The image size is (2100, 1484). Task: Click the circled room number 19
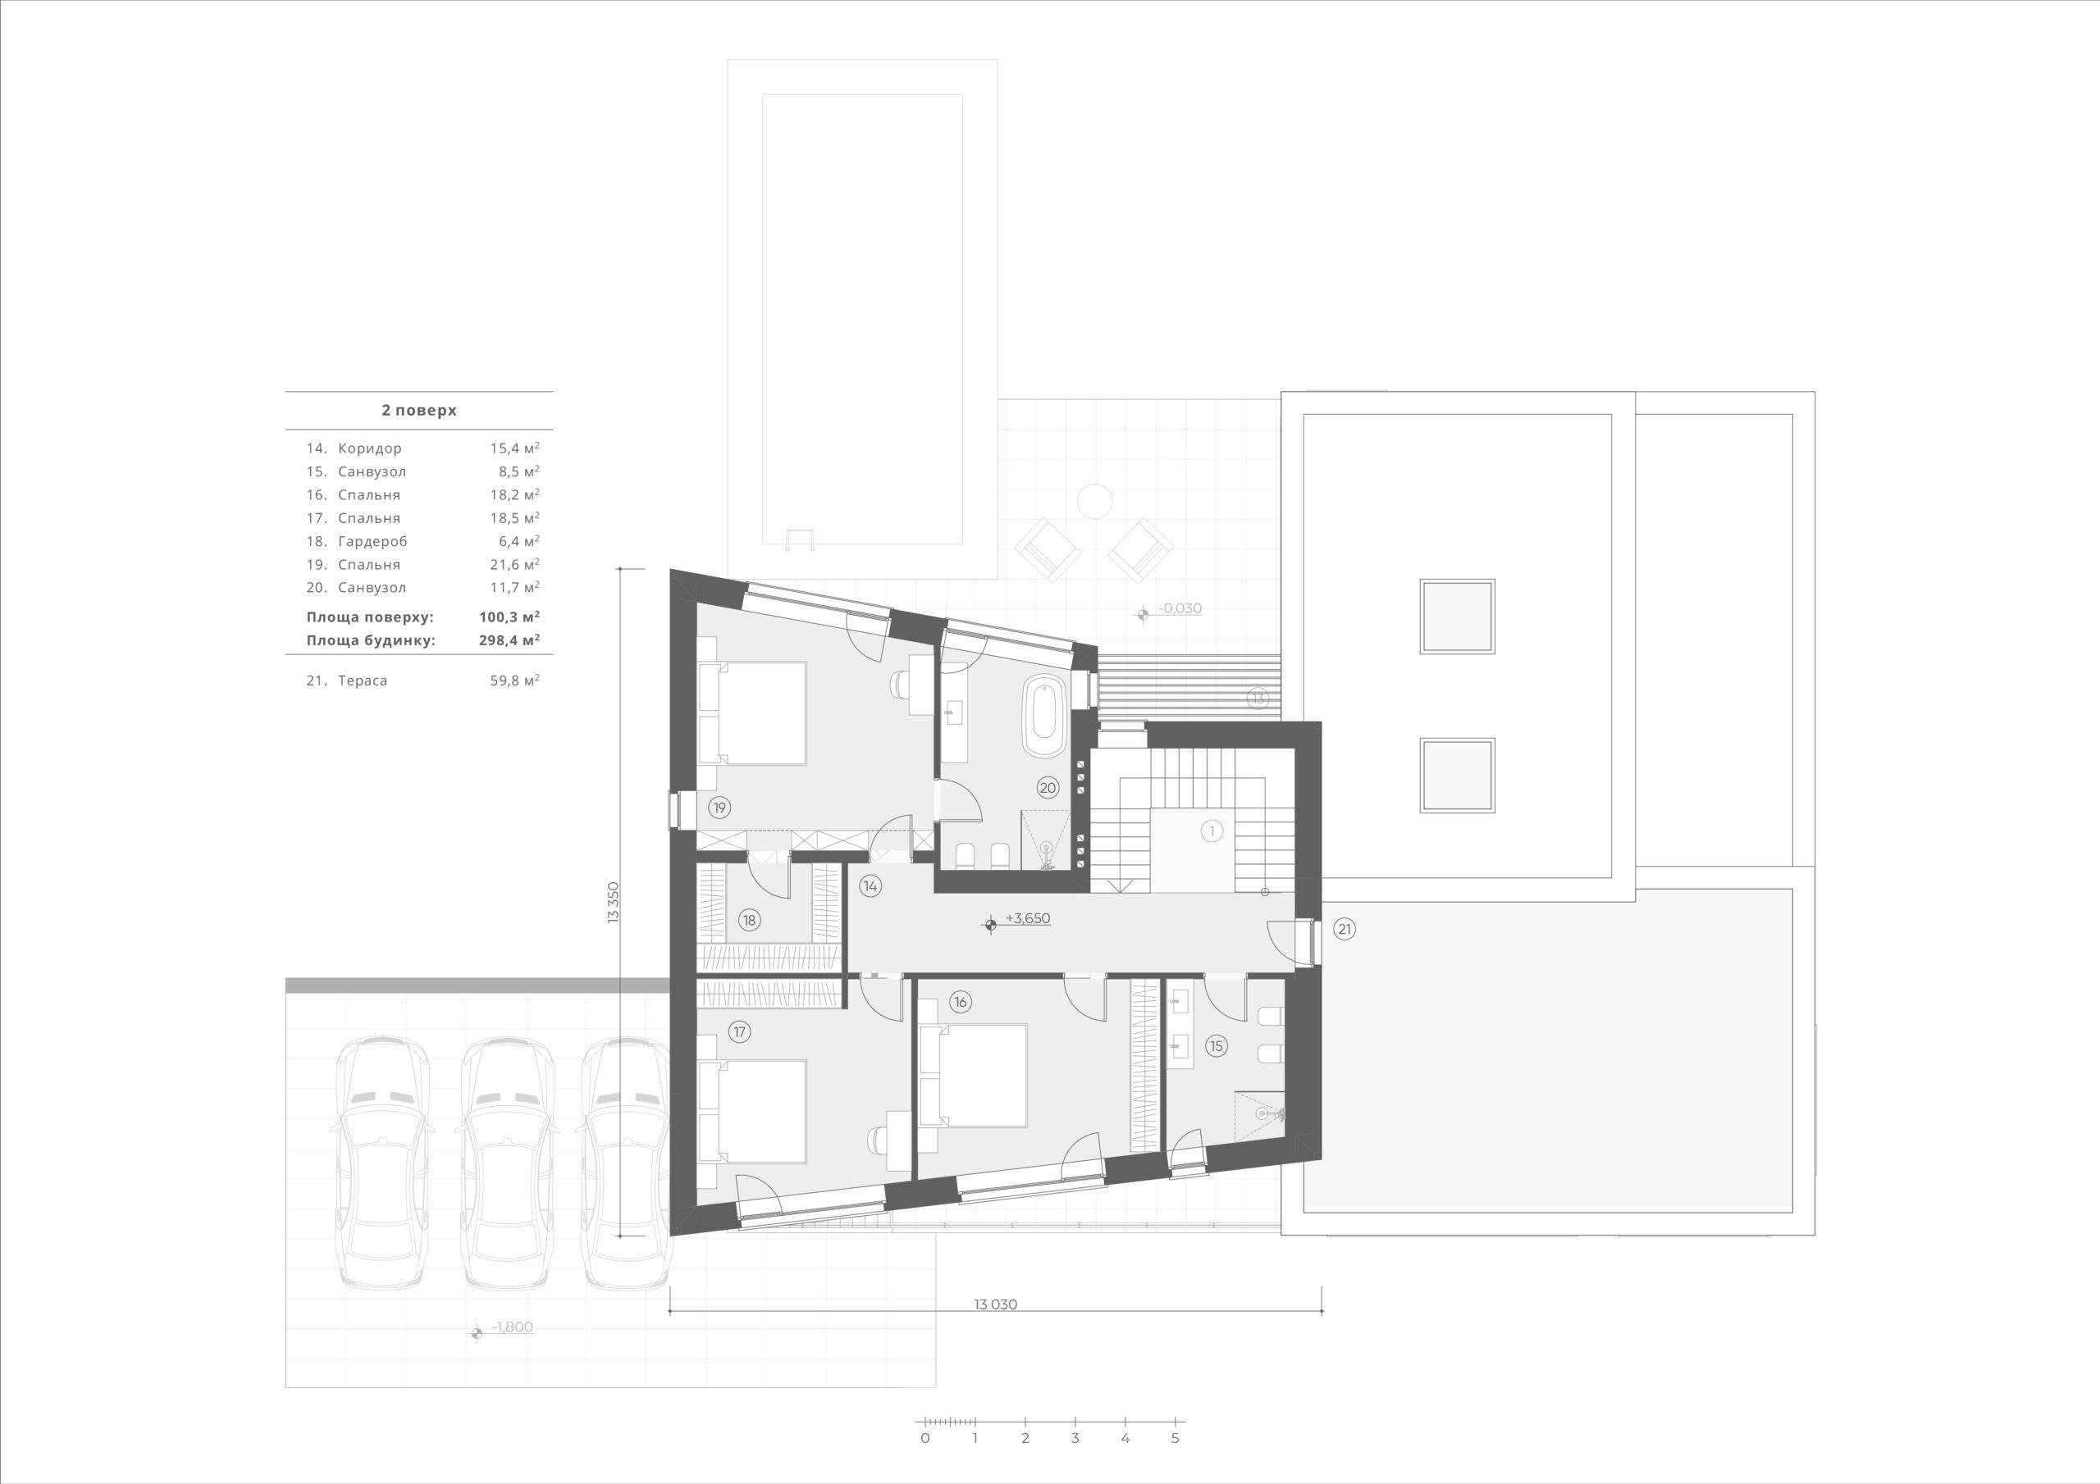click(x=719, y=808)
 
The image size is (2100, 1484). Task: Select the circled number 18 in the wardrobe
click(x=750, y=920)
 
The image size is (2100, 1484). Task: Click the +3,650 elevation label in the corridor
click(x=1027, y=919)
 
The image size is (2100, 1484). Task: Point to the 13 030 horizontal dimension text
click(x=996, y=1304)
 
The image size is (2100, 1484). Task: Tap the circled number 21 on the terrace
click(x=1344, y=930)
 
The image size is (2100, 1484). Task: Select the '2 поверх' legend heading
click(x=419, y=411)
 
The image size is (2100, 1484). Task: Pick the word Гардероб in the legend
click(x=372, y=541)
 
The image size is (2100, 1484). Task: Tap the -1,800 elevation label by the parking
click(x=512, y=1327)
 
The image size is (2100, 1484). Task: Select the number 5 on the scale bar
click(x=1176, y=1437)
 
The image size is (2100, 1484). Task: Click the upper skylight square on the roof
click(x=1457, y=616)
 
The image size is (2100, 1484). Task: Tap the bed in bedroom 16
click(x=973, y=1075)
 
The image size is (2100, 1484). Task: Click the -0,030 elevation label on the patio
click(x=1180, y=608)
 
